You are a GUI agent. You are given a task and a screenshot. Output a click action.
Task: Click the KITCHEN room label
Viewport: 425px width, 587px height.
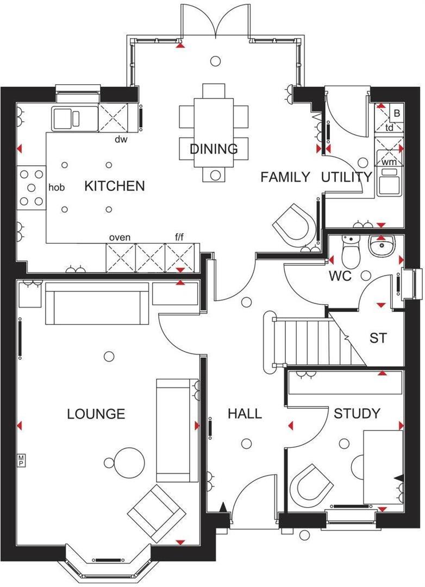[115, 186]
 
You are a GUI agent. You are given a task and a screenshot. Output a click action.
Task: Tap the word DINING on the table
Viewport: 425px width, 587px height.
[214, 149]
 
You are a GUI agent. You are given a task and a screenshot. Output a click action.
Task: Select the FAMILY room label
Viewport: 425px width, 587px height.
[285, 177]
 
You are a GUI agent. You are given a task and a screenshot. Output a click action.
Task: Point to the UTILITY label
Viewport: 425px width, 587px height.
[346, 177]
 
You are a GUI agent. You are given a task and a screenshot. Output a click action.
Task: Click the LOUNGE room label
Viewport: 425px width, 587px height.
[96, 414]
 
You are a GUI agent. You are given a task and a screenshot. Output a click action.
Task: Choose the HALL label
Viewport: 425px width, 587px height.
[244, 414]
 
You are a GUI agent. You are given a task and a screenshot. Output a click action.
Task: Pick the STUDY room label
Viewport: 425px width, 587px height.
[357, 414]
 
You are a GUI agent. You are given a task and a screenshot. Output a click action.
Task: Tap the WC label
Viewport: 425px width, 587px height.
[340, 276]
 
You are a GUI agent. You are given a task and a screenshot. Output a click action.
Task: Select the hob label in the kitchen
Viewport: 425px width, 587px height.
[57, 188]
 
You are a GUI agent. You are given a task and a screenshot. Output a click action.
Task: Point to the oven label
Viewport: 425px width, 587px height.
[120, 238]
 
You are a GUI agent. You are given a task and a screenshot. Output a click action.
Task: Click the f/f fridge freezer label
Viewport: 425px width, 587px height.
[180, 238]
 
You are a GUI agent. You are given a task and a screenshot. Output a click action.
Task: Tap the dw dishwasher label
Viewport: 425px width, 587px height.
[121, 139]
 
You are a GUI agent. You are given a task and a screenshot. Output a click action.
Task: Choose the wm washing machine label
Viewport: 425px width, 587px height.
[389, 161]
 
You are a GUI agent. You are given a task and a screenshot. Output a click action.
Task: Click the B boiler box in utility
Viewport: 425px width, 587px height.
[397, 114]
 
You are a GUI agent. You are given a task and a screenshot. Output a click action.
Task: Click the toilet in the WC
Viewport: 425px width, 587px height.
[349, 251]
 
